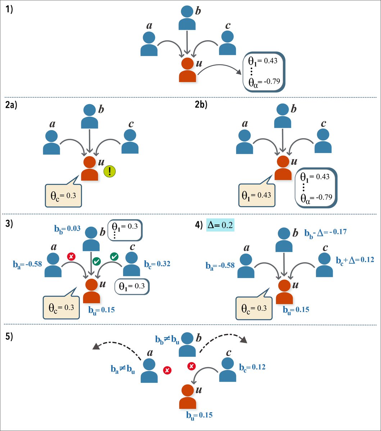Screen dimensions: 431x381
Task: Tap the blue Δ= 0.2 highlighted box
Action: tap(220, 225)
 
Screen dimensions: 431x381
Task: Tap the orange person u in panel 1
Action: tap(187, 70)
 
